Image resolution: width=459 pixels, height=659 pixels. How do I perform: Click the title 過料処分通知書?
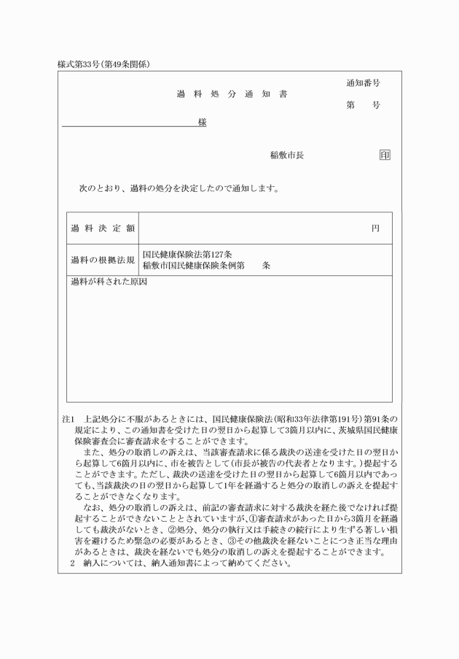coord(232,95)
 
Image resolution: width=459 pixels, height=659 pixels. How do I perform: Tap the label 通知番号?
coord(363,84)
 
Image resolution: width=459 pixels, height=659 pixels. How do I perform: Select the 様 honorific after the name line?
coord(202,122)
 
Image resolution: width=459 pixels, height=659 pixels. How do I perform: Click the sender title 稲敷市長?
coord(286,155)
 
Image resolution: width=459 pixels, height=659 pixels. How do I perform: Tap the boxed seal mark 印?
coord(385,155)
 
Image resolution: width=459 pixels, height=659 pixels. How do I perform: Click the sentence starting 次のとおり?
coord(178,188)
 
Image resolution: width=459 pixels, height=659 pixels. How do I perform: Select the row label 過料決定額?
coord(103,228)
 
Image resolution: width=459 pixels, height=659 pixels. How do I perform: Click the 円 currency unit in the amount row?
coord(375,228)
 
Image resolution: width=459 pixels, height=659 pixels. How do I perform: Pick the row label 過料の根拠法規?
coord(103,260)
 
